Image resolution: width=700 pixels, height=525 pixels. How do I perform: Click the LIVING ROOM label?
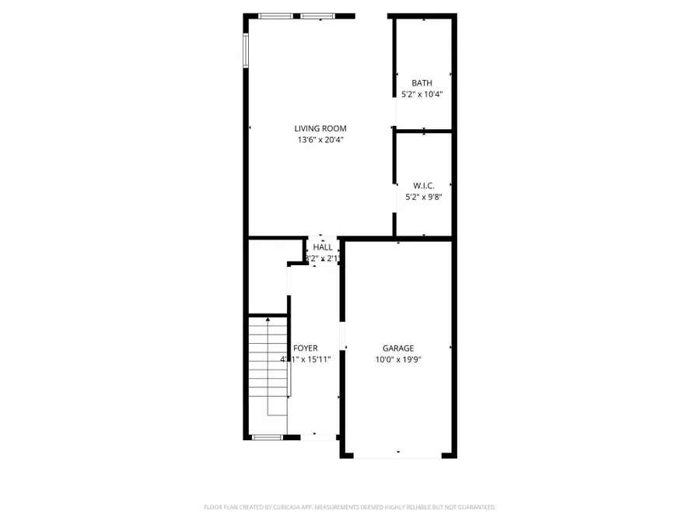(320, 128)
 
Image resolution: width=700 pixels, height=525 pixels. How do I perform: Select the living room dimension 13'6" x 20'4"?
(320, 140)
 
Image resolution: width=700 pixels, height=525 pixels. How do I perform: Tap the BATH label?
(422, 83)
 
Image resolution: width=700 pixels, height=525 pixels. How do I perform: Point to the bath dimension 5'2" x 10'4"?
(422, 94)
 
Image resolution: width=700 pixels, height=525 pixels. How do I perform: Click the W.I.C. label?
(423, 186)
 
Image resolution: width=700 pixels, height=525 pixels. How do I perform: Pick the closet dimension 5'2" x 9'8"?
(423, 198)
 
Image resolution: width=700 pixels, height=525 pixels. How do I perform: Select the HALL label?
(323, 247)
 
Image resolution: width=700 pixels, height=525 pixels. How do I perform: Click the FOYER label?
(305, 348)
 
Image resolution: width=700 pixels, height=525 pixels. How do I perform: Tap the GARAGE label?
(397, 348)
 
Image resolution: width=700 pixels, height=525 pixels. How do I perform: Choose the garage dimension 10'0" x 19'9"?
(397, 359)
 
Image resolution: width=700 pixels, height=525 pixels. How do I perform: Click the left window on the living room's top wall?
(276, 16)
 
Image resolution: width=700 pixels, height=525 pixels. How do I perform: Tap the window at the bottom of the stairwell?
(267, 437)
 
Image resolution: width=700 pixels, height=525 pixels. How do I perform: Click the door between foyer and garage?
(341, 336)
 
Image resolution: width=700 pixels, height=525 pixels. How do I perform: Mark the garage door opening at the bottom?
(397, 457)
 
